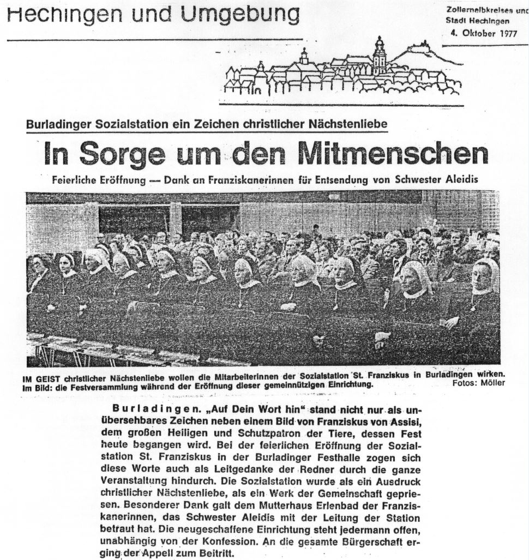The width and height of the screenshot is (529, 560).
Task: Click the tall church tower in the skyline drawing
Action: click(x=379, y=56)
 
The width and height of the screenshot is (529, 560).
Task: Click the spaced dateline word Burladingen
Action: click(x=143, y=410)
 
